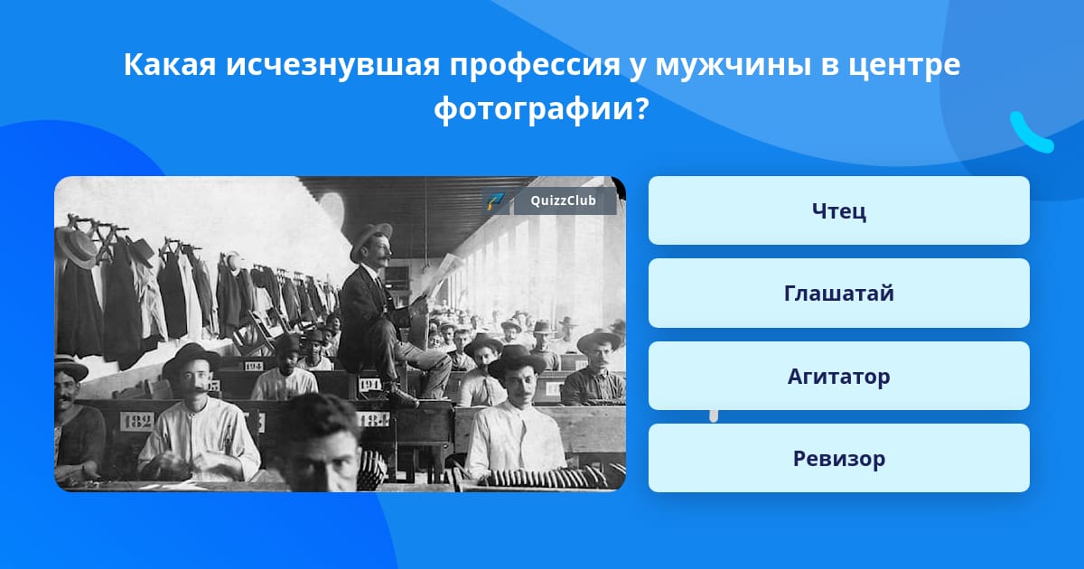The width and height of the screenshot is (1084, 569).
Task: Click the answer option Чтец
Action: (x=838, y=210)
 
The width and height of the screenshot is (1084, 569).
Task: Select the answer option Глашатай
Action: (x=838, y=294)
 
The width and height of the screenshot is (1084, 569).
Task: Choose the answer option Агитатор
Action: (x=838, y=376)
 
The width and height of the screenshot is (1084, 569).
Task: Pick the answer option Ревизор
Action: (x=838, y=458)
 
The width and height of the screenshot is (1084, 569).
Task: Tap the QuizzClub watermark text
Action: (x=563, y=201)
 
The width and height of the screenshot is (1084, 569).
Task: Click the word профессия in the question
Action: (x=535, y=65)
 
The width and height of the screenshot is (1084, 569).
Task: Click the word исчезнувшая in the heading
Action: (x=333, y=64)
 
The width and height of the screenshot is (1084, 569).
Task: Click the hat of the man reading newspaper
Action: (x=370, y=238)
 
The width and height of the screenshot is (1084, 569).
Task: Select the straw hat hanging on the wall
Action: (x=77, y=247)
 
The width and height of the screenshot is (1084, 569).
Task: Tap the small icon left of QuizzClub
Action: (x=495, y=201)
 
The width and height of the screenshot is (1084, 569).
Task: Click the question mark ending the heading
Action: (x=641, y=109)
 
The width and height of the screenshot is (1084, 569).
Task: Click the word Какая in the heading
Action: (x=170, y=64)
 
